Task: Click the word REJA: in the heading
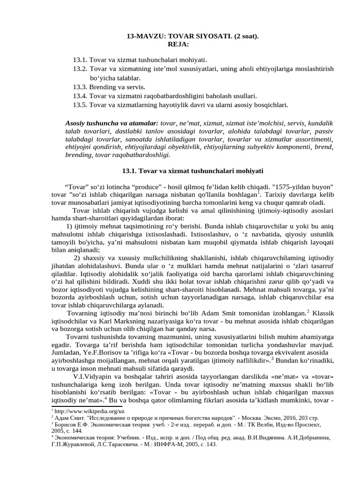178,45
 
